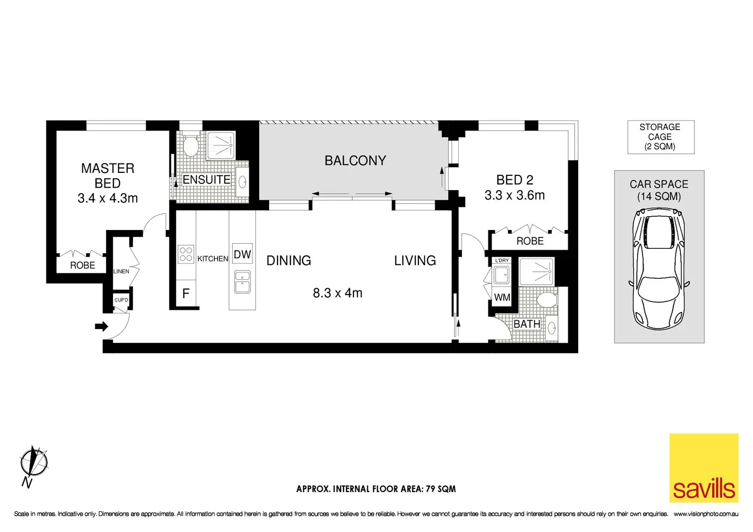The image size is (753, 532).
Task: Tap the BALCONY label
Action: [355, 161]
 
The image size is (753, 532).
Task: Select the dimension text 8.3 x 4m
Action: [338, 293]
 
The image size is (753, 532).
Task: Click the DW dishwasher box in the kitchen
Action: [242, 255]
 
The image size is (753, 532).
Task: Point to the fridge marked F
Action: [186, 294]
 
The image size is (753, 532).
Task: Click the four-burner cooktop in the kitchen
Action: [186, 254]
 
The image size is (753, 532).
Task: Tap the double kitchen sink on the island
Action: [242, 282]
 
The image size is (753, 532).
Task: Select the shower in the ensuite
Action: [220, 145]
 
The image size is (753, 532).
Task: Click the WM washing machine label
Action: [502, 298]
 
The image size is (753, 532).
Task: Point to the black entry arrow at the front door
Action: [102, 326]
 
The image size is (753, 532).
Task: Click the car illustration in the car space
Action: [659, 268]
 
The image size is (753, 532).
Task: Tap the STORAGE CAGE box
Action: [660, 137]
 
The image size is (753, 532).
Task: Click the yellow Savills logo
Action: [703, 467]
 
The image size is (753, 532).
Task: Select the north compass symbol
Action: [34, 463]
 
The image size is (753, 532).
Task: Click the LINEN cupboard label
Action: [121, 271]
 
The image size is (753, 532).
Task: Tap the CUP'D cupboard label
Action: [121, 300]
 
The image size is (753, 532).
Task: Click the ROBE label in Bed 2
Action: [530, 241]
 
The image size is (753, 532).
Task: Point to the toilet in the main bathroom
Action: [547, 299]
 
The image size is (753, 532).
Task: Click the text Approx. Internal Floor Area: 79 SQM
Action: [376, 489]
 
